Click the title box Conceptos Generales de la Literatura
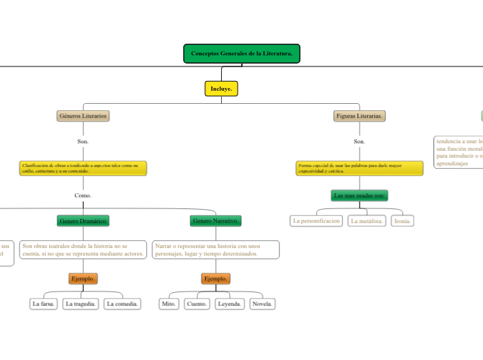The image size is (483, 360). point(241,54)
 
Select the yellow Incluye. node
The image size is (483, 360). point(222,89)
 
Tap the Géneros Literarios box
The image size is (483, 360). point(83,116)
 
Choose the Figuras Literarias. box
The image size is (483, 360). point(359,116)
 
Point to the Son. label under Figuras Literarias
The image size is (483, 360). point(359,142)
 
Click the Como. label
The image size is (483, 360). point(83,195)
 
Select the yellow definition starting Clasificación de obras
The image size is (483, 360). point(83,168)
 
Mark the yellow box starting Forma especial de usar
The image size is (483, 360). point(359,168)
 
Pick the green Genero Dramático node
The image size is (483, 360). point(83,221)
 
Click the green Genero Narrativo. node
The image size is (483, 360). point(216,221)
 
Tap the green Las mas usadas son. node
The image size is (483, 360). point(359,196)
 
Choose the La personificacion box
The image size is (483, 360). point(317,221)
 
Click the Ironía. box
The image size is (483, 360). point(402,221)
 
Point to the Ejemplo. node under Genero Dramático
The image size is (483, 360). point(83,278)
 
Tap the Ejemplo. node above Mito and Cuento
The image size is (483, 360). point(216,278)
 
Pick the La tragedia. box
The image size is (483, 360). point(81,304)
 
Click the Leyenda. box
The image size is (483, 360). point(229,304)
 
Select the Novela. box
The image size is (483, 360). point(262,304)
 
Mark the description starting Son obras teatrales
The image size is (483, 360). point(83,250)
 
